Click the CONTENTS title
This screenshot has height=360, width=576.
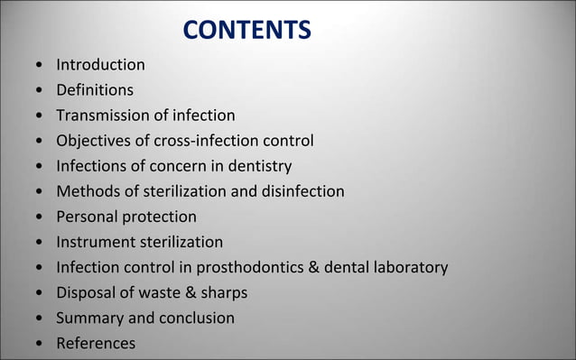coord(246,32)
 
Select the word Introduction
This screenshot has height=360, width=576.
coord(100,65)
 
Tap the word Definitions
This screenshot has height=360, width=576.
coord(95,90)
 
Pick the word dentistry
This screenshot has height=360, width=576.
coord(258,166)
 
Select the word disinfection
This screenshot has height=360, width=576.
coord(301,191)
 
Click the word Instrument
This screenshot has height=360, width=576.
coord(97,242)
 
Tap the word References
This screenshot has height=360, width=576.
coord(96,344)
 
